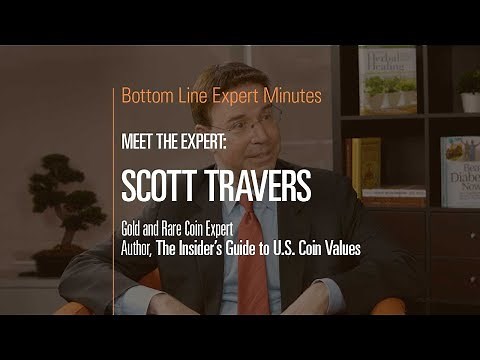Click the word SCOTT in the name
point(159,186)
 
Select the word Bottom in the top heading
point(144,97)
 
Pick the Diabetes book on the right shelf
point(459,170)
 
